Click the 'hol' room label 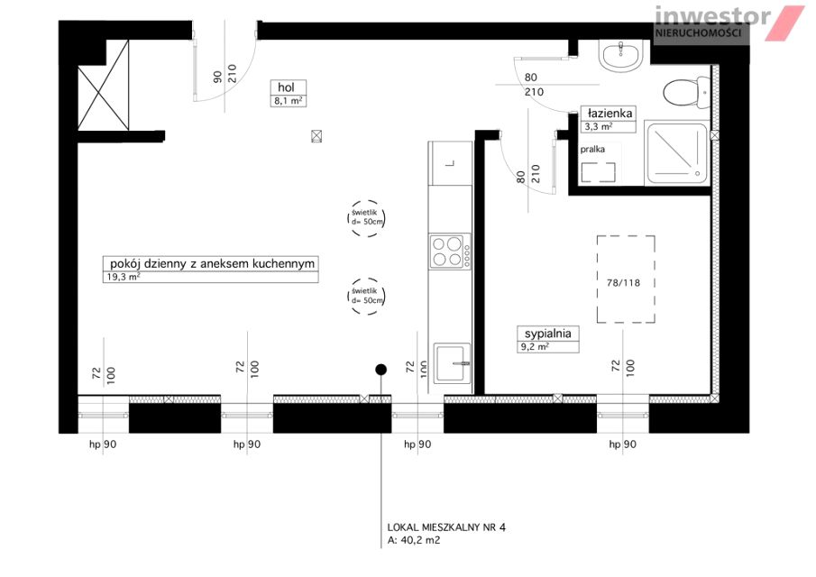point(287,87)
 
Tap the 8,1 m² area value point(289,101)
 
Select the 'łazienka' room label point(610,113)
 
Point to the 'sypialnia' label point(547,334)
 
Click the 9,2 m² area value point(535,346)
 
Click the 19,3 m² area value point(124,277)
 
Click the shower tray point(676,153)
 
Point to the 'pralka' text point(592,150)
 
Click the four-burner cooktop point(450,252)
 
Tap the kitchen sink point(453,362)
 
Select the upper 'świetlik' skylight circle point(366,218)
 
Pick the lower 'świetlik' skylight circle point(366,296)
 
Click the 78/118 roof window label point(623,283)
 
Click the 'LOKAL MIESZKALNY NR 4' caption point(446,527)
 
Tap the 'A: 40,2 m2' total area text point(414,540)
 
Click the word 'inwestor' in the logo point(712,15)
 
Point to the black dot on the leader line point(380,370)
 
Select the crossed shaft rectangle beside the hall point(103,85)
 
